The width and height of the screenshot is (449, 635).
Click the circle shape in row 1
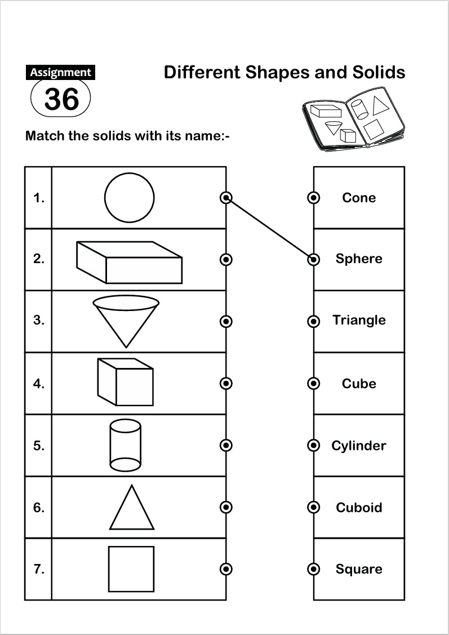(x=129, y=198)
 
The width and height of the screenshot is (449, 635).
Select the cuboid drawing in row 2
(x=129, y=262)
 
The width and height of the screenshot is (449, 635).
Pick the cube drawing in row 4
(x=125, y=381)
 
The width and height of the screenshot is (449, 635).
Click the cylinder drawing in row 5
(x=125, y=445)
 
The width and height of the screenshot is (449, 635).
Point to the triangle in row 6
(x=131, y=508)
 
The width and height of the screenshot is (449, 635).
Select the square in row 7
(x=131, y=569)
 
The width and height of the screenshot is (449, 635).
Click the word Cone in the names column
(x=359, y=198)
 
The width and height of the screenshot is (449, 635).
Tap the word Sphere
(x=359, y=259)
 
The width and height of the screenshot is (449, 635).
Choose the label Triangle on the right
(x=359, y=320)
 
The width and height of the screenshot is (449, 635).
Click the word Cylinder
(x=359, y=446)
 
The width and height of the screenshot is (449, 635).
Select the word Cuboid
(x=359, y=508)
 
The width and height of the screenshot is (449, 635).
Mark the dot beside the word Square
(x=314, y=569)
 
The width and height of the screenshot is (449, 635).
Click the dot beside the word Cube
(x=314, y=383)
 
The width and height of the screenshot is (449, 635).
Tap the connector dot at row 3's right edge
(x=226, y=321)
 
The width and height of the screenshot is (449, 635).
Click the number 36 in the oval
(x=61, y=99)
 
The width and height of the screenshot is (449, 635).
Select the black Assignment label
(x=60, y=72)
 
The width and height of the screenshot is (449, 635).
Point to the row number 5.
(x=38, y=446)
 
